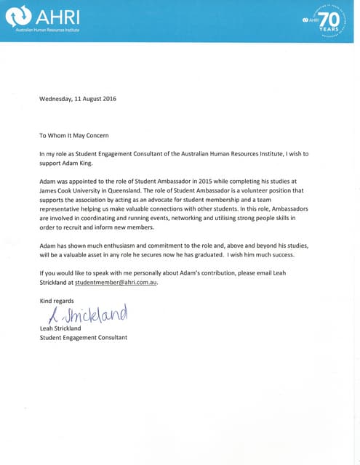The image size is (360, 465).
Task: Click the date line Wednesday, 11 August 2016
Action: (x=78, y=98)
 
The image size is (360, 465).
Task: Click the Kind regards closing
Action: (x=57, y=300)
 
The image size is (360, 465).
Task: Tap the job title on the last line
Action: (x=83, y=338)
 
